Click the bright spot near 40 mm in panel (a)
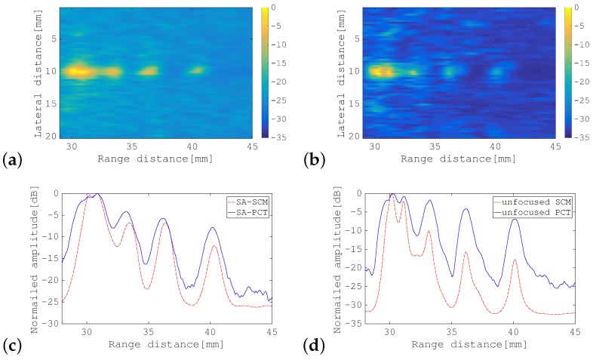(x=196, y=71)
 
